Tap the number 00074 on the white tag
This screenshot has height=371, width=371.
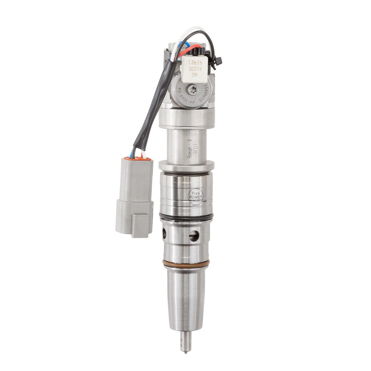195,68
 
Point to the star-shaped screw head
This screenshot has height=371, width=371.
192,89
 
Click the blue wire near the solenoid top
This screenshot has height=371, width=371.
186,44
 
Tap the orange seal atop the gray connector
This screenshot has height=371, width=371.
137,158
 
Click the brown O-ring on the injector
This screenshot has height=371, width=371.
186,264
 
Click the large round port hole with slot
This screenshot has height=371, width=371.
194,236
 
